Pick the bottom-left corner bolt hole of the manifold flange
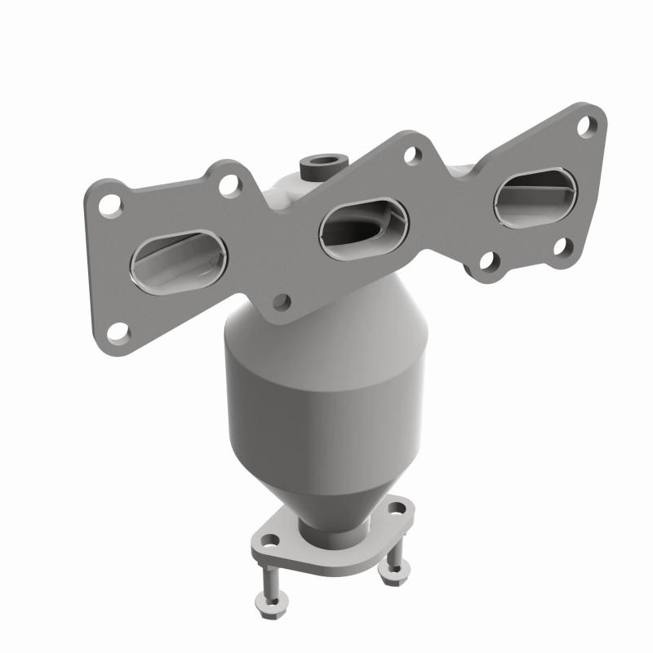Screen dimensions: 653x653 [x=118, y=331]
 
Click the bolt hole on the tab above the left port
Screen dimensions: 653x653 [x=229, y=184]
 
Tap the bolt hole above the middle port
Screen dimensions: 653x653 [x=413, y=155]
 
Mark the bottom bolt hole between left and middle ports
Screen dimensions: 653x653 [x=282, y=302]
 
